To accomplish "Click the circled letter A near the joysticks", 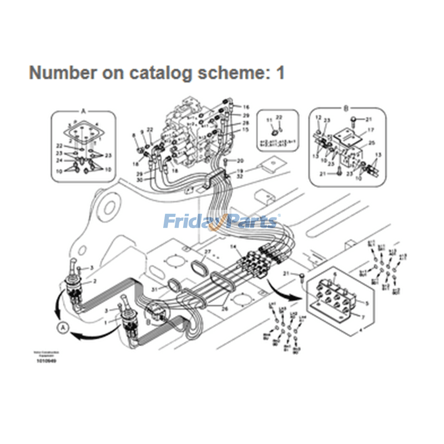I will click(63, 328).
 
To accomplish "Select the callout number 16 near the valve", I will click(246, 107).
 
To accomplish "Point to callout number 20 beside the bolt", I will click(240, 160).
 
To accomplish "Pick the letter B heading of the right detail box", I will click(345, 109).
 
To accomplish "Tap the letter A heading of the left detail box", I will click(84, 111).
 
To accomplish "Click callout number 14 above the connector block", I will click(234, 246).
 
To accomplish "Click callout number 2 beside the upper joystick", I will click(94, 282).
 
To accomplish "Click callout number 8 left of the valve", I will click(134, 135).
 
